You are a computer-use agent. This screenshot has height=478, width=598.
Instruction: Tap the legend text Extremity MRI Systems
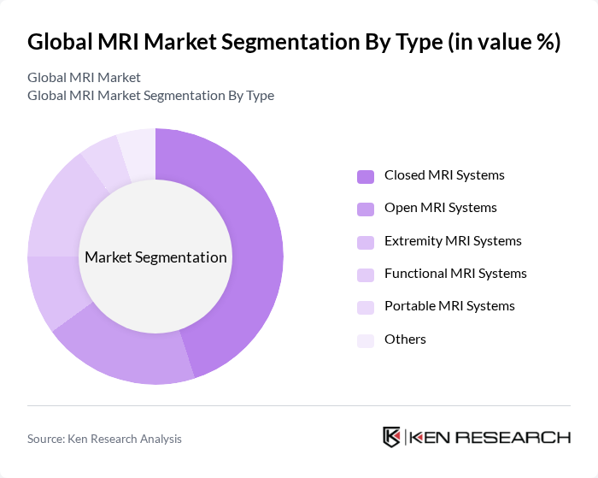point(453,241)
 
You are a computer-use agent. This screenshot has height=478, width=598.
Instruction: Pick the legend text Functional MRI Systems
point(455,274)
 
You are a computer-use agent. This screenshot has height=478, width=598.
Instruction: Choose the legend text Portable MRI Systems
point(449,306)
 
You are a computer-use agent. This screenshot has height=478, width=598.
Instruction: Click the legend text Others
point(405,339)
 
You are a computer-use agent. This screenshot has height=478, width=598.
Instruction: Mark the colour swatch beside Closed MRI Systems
point(366,176)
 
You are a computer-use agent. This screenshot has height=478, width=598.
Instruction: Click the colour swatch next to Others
point(366,340)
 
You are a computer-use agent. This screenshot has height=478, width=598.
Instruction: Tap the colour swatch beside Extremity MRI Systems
point(366,242)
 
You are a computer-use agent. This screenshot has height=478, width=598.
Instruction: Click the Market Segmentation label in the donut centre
point(155,257)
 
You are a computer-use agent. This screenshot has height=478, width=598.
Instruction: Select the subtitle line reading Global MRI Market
point(84,78)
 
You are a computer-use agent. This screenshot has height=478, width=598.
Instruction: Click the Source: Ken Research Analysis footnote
point(104,439)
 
